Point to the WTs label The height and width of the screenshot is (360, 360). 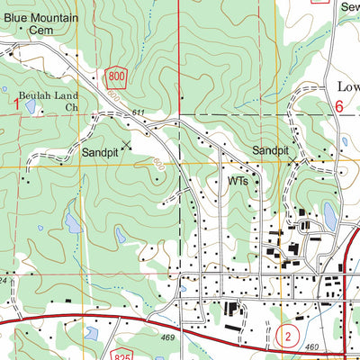pos(238,181)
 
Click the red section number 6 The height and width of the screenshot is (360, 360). pos(339,106)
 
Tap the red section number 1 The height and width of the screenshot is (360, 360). pos(16,106)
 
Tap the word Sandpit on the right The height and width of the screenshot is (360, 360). pos(272,149)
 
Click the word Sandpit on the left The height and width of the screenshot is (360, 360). pos(99,153)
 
